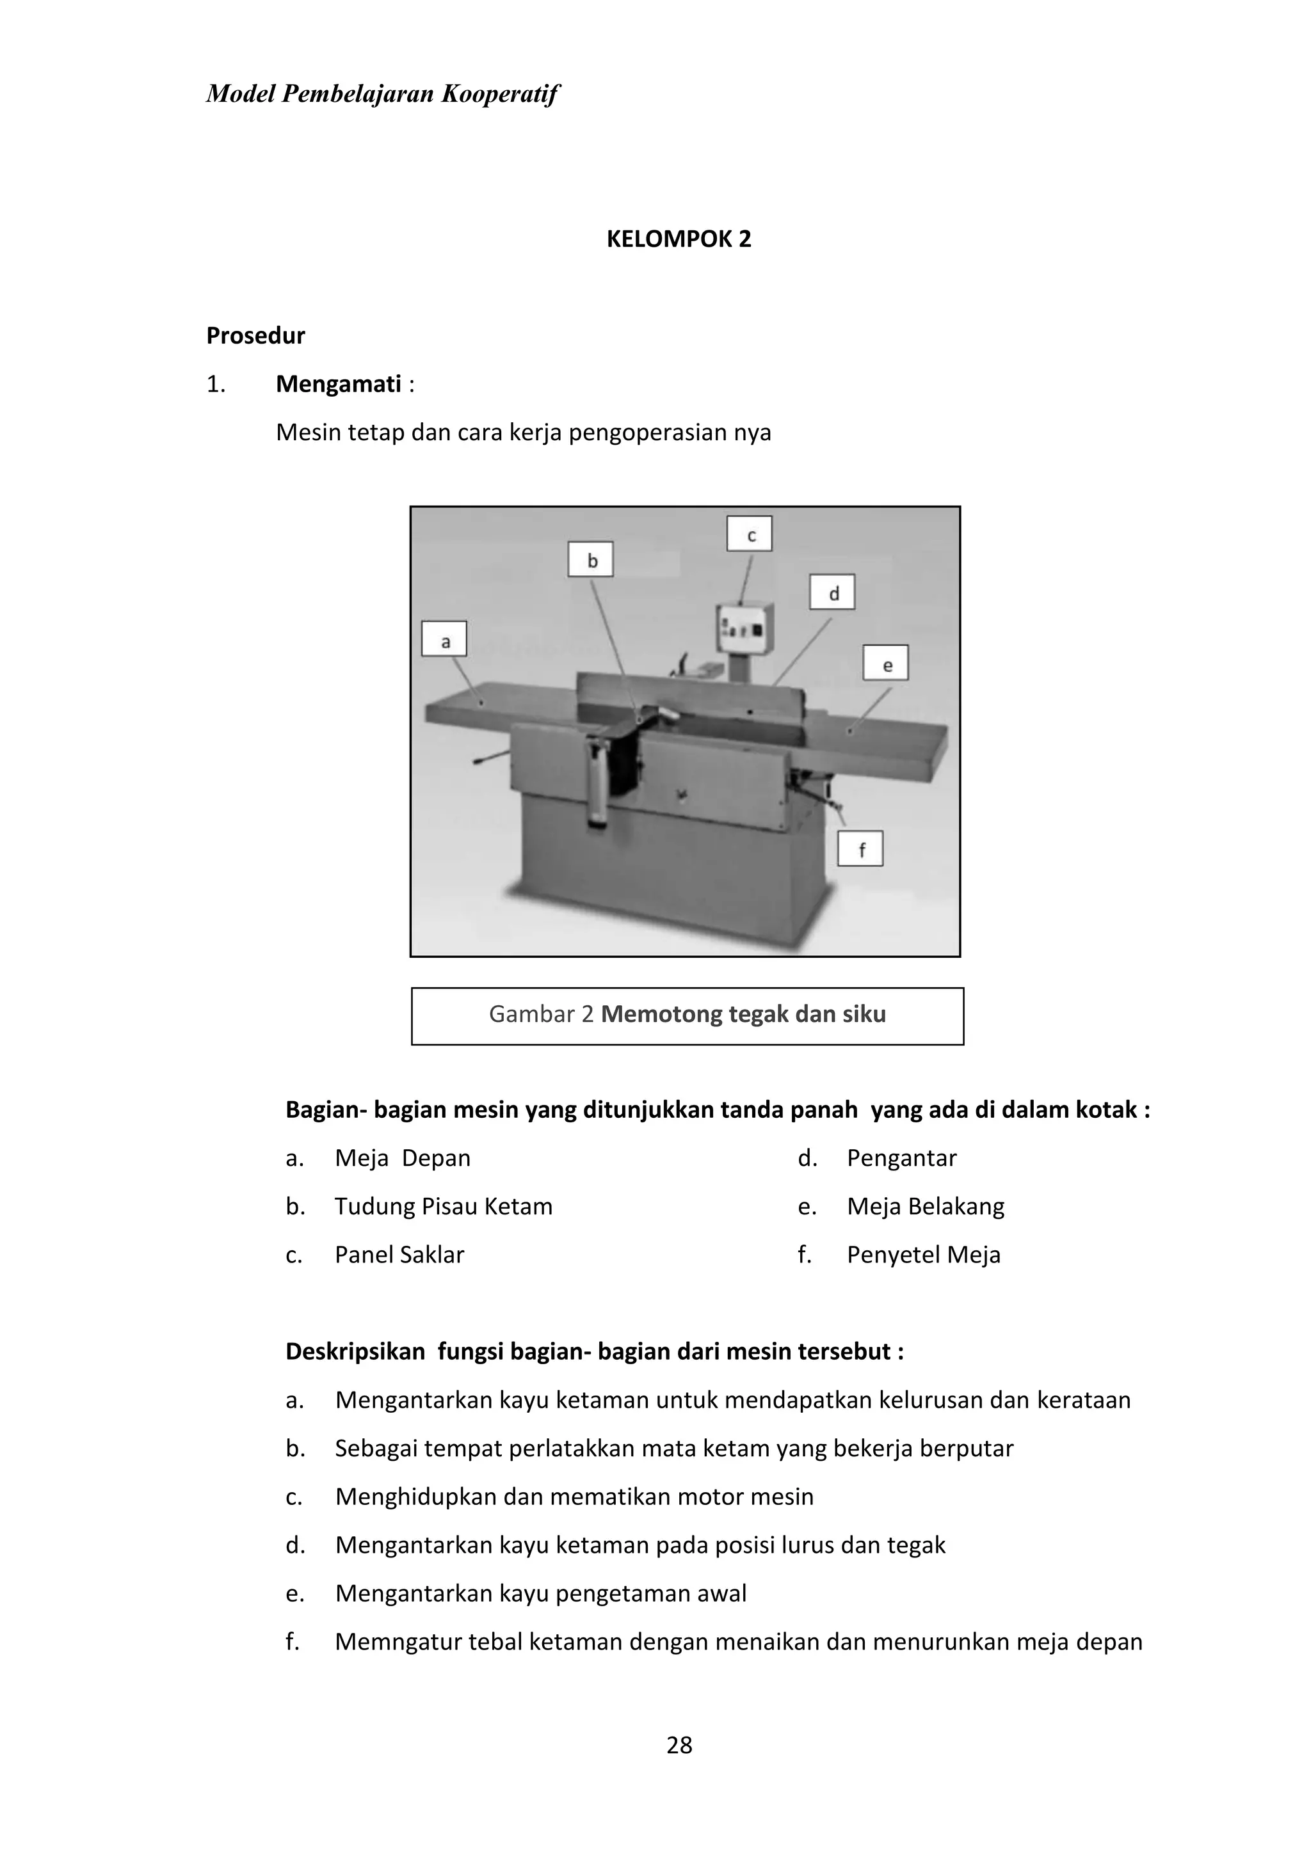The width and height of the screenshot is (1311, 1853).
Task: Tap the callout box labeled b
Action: tap(591, 559)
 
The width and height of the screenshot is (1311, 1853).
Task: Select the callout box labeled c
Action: tap(750, 534)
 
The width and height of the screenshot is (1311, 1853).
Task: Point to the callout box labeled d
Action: tap(832, 592)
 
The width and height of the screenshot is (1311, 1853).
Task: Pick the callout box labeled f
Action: tap(860, 848)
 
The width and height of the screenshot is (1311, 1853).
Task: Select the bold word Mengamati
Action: tap(338, 383)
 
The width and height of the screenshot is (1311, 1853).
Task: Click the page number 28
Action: tap(679, 1745)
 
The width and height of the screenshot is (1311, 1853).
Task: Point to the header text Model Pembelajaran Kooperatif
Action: tap(382, 93)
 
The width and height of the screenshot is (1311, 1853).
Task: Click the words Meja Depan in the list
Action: tap(402, 1158)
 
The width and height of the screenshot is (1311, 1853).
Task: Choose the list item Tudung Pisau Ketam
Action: tap(443, 1207)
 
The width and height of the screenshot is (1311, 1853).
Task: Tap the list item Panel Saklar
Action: tap(399, 1255)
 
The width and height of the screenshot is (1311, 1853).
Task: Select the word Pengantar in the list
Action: tap(901, 1158)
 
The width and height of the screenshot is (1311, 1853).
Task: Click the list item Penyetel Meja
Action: tap(924, 1255)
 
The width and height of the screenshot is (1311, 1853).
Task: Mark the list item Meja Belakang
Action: tap(925, 1207)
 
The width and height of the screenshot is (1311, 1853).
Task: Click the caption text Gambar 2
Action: tap(542, 1014)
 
